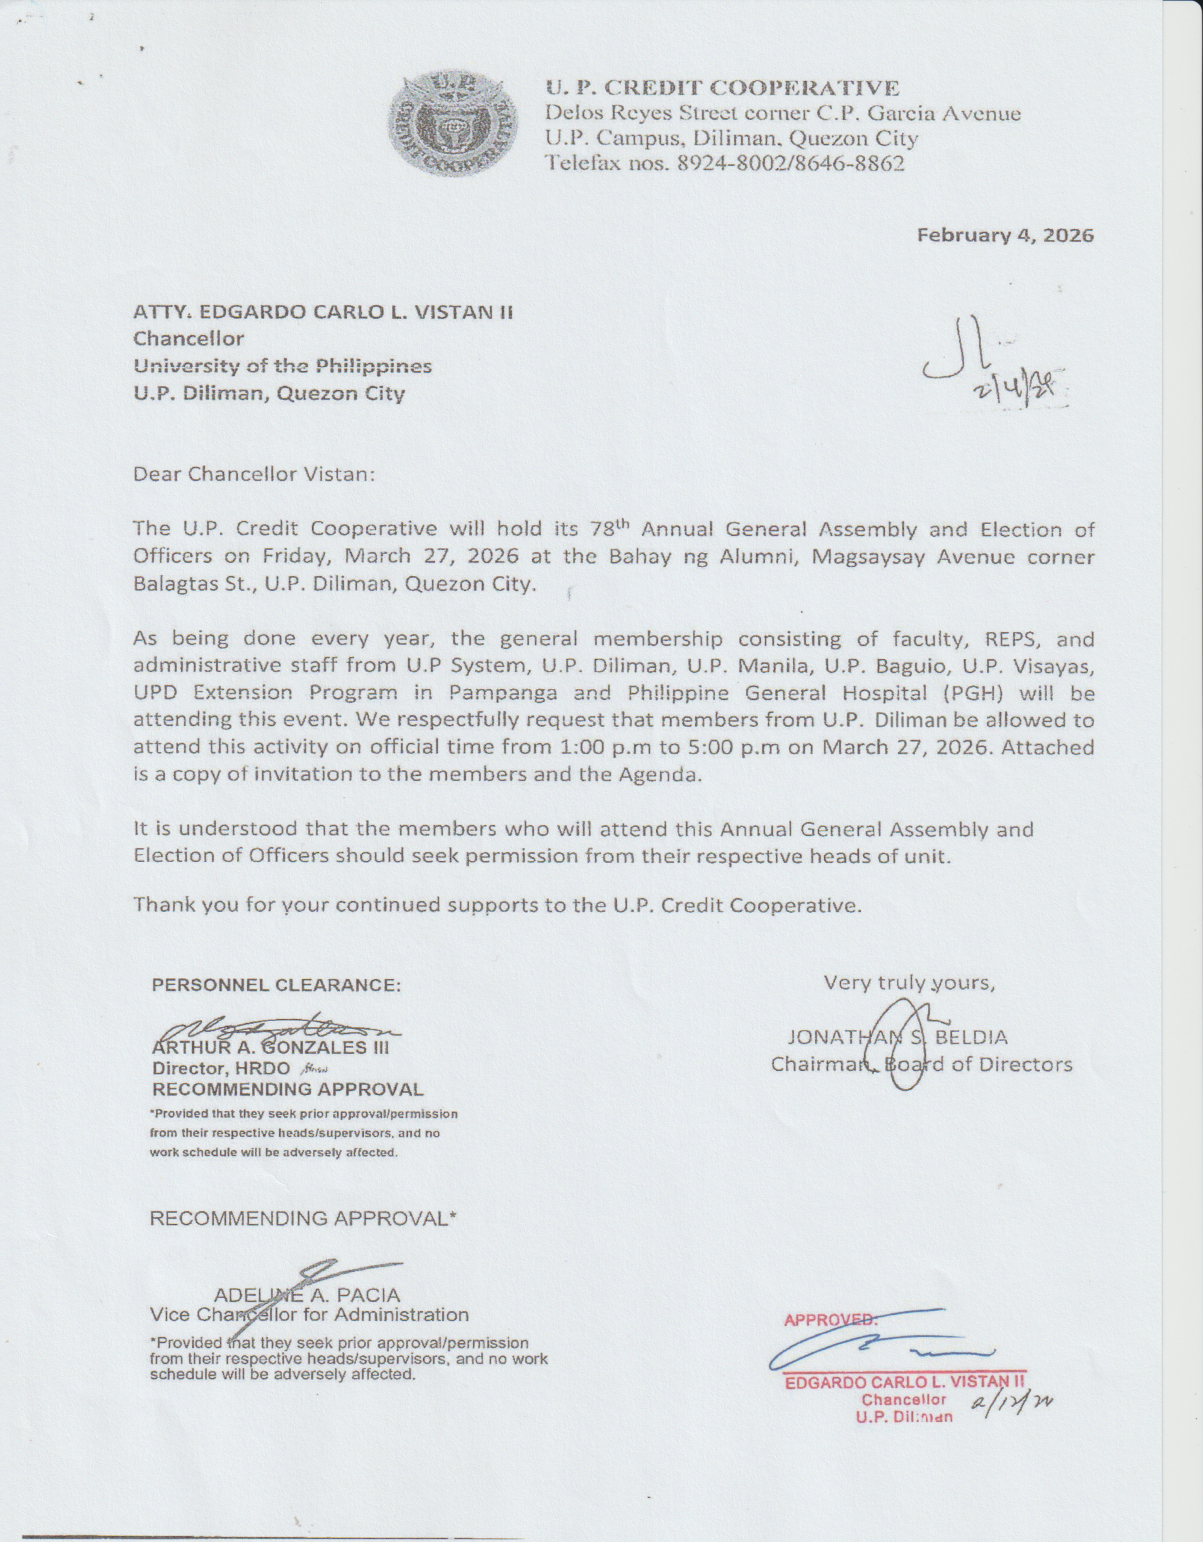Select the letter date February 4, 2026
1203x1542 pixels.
1005,235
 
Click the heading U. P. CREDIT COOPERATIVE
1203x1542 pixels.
723,89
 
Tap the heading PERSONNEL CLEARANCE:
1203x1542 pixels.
276,985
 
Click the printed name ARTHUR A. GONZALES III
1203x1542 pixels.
271,1047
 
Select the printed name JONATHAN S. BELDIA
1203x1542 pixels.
897,1037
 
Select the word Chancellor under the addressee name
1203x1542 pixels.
189,339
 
